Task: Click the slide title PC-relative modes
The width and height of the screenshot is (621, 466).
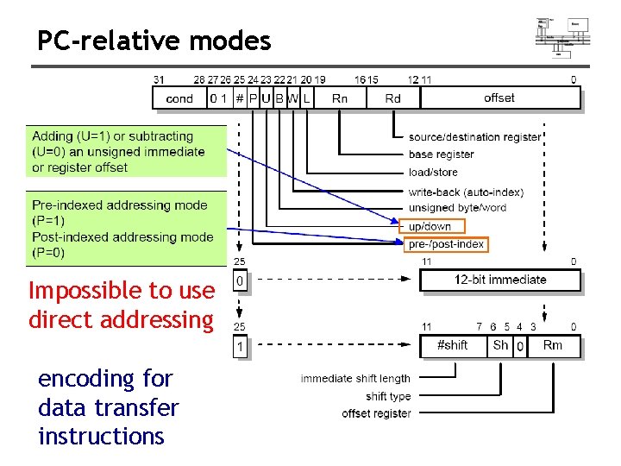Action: coord(154,41)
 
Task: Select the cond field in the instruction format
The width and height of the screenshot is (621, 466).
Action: coord(179,98)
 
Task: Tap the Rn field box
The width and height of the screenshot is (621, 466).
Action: coord(340,98)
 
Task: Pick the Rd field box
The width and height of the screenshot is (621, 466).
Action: coord(393,98)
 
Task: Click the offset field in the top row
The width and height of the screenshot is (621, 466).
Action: coord(499,98)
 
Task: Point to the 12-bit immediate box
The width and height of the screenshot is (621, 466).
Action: coord(499,280)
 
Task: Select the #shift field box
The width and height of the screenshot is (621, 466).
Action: coord(452,345)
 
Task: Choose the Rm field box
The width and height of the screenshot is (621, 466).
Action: coord(552,345)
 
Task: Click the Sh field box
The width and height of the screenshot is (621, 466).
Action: coord(499,345)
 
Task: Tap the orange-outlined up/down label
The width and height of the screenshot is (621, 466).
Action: coord(431,226)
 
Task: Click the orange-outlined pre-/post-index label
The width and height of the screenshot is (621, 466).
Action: coord(445,244)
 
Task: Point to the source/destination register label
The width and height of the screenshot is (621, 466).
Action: coord(474,136)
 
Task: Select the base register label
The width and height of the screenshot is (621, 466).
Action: coord(441,154)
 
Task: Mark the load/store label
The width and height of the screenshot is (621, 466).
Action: coord(433,173)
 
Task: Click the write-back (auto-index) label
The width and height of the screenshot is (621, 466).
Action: coord(466,192)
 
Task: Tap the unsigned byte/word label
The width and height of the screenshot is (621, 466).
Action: coord(457,208)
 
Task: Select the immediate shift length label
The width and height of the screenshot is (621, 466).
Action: coord(355,378)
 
